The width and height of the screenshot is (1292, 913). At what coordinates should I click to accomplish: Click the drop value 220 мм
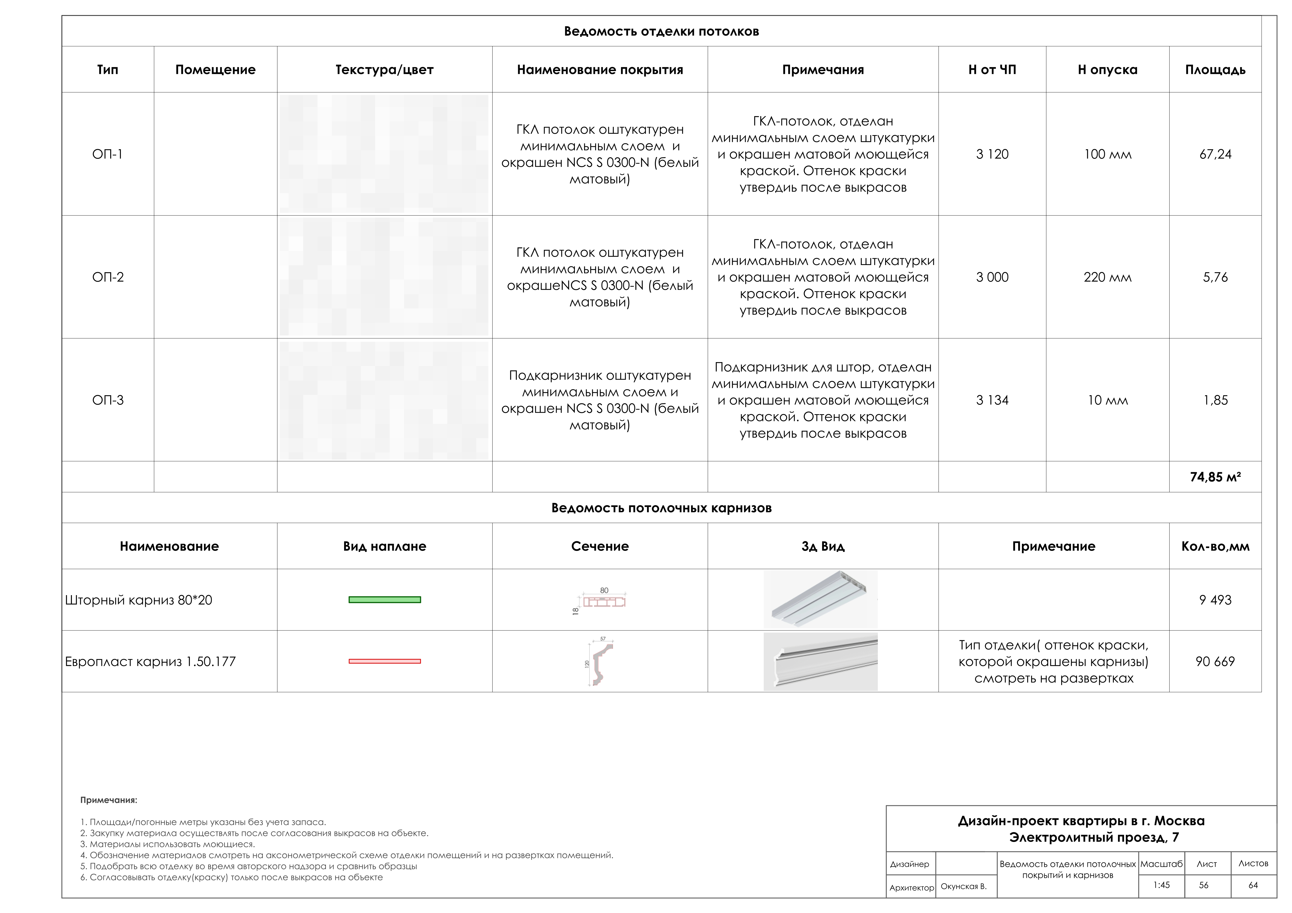(x=1107, y=277)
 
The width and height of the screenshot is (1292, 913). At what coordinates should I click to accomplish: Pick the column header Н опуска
(x=1107, y=70)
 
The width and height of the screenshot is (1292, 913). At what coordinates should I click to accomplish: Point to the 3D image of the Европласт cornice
(x=821, y=662)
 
